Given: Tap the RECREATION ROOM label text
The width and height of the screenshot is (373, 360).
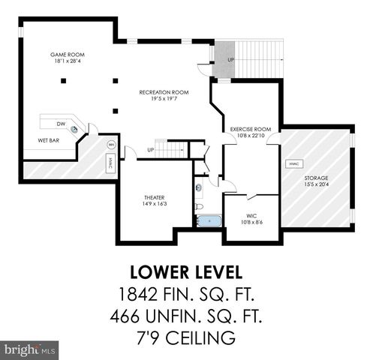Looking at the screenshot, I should click(x=163, y=94).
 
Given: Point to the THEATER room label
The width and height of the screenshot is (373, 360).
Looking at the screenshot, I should click(x=154, y=200).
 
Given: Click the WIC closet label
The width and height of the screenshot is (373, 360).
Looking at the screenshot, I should click(x=251, y=217).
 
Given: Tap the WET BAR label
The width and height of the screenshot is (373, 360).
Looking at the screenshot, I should click(x=49, y=140).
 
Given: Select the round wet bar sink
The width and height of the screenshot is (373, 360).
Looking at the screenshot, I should click(x=75, y=130).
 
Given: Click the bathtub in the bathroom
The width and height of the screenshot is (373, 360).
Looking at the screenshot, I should click(x=207, y=221).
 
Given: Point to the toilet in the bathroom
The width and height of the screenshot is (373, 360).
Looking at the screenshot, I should click(x=198, y=205).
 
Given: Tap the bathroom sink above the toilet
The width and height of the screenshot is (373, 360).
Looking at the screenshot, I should click(x=198, y=187).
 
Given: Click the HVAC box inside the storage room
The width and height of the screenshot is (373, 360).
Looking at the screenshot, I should click(x=293, y=163).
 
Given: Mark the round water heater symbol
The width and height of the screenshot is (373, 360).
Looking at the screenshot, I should click(x=111, y=145).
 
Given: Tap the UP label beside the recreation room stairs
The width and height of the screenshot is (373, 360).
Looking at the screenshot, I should click(x=151, y=149).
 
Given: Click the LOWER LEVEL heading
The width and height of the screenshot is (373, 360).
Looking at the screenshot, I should click(x=186, y=270).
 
